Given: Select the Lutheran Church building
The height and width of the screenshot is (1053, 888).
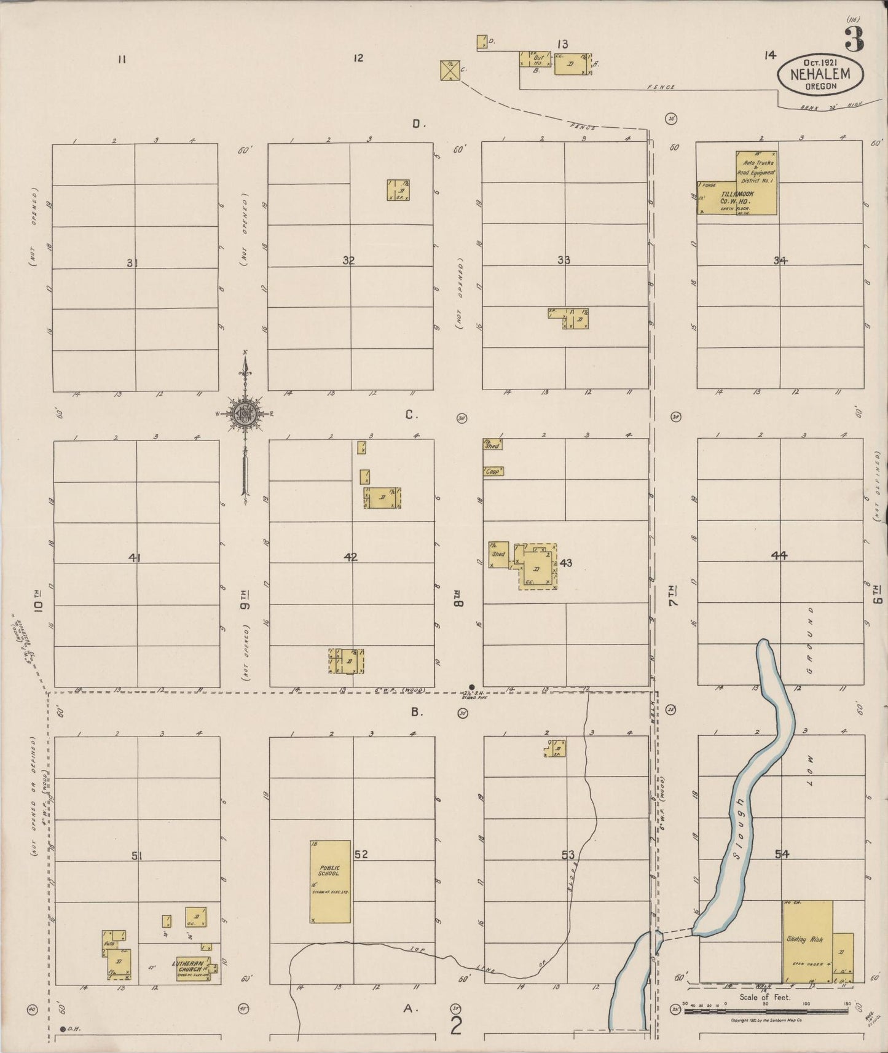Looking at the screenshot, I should tap(193, 968).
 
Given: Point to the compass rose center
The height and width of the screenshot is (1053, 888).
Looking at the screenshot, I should tap(245, 413).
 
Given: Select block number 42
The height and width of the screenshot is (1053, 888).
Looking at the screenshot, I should tap(351, 557).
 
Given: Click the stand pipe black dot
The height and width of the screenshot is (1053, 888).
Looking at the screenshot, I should tap(471, 686).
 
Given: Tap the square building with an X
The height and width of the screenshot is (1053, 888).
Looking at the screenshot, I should tap(450, 70).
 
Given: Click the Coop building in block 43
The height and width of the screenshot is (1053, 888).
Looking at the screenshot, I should tap(493, 472).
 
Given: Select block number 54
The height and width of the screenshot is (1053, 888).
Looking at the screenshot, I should tap(782, 853).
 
